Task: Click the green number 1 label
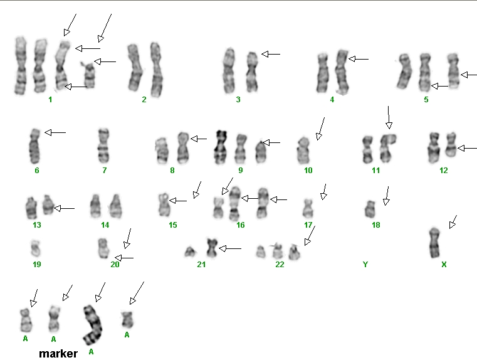(50, 100)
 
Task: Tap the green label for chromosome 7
(104, 170)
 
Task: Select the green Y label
(365, 265)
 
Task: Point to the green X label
(444, 265)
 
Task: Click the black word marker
(58, 354)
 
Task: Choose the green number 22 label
(280, 265)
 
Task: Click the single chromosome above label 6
(35, 146)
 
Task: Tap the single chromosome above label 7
(103, 146)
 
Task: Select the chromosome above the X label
(435, 243)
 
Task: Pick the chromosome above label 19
(36, 248)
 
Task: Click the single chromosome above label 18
(370, 209)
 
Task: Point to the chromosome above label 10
(303, 150)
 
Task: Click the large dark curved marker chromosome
(93, 325)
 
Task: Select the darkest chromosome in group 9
(221, 147)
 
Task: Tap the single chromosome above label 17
(308, 208)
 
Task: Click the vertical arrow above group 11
(389, 117)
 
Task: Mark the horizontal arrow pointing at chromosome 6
(55, 132)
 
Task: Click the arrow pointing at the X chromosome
(453, 221)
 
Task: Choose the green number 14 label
(105, 225)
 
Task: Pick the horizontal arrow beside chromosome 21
(230, 248)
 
